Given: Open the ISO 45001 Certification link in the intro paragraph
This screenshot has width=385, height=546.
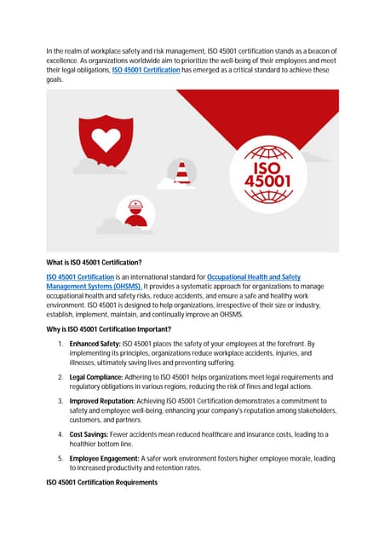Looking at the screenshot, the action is tap(146, 70).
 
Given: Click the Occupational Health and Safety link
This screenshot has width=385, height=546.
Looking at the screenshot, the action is tap(254, 277).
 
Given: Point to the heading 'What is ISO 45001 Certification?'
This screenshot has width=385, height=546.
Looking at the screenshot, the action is tap(94, 261).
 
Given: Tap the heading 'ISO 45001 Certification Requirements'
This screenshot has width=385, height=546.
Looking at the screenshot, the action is tap(101, 483).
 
